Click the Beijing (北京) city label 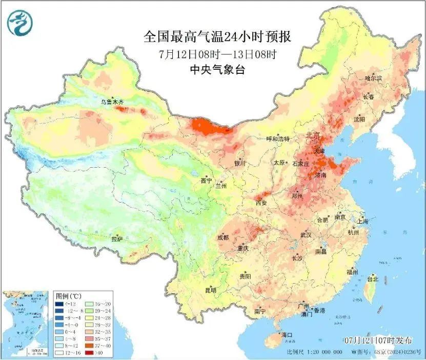tap(313, 136)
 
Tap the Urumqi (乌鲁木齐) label tap(112, 102)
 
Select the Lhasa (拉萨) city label tap(117, 238)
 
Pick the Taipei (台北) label tap(372, 279)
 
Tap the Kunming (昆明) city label tap(211, 290)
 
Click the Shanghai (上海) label tap(363, 221)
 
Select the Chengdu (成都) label tap(223, 237)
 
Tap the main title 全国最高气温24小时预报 tap(218, 37)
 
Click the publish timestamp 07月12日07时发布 tap(378, 341)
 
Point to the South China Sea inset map tap(26, 324)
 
